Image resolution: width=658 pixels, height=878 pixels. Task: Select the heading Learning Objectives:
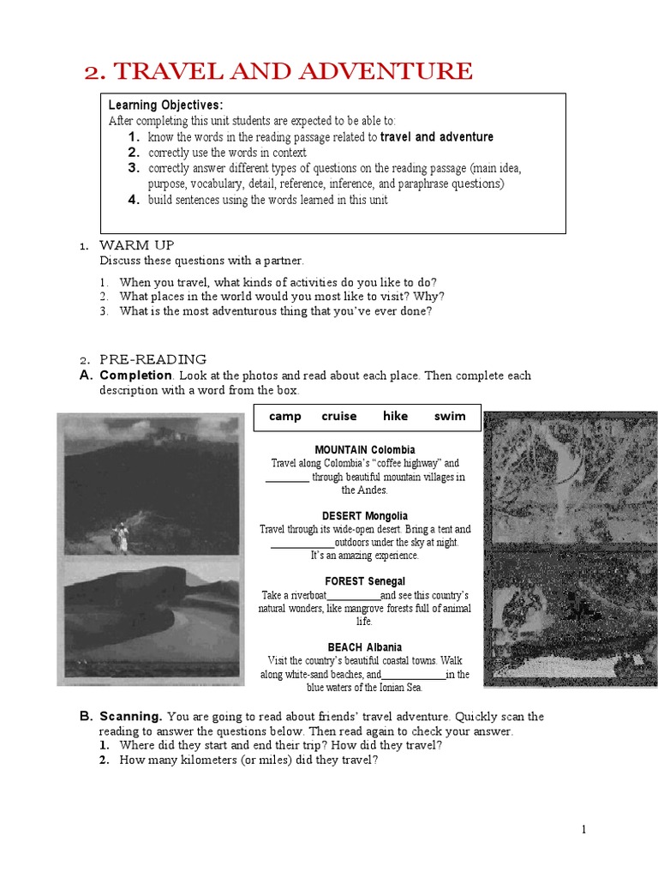(x=166, y=105)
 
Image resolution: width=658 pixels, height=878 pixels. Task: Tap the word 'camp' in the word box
(x=284, y=417)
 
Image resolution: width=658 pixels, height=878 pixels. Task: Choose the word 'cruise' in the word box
(x=339, y=417)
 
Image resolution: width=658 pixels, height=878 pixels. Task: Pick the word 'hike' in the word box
(x=395, y=417)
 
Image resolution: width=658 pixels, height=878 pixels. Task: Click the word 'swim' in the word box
(x=450, y=417)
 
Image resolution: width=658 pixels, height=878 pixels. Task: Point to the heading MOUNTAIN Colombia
(x=365, y=449)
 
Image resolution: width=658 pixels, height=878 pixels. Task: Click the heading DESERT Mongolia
(x=365, y=515)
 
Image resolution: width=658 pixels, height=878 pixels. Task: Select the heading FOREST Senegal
(x=365, y=581)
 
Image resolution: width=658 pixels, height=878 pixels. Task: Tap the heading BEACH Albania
(x=365, y=647)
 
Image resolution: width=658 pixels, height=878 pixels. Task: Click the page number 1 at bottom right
(x=583, y=829)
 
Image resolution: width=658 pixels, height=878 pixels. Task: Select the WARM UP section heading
(x=137, y=246)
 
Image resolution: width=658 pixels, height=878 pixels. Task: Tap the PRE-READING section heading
(x=153, y=359)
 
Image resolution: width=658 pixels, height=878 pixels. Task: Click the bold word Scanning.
(x=131, y=716)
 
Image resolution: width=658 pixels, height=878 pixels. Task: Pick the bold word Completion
(x=136, y=376)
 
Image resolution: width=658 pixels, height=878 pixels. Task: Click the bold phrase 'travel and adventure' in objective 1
(x=437, y=137)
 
